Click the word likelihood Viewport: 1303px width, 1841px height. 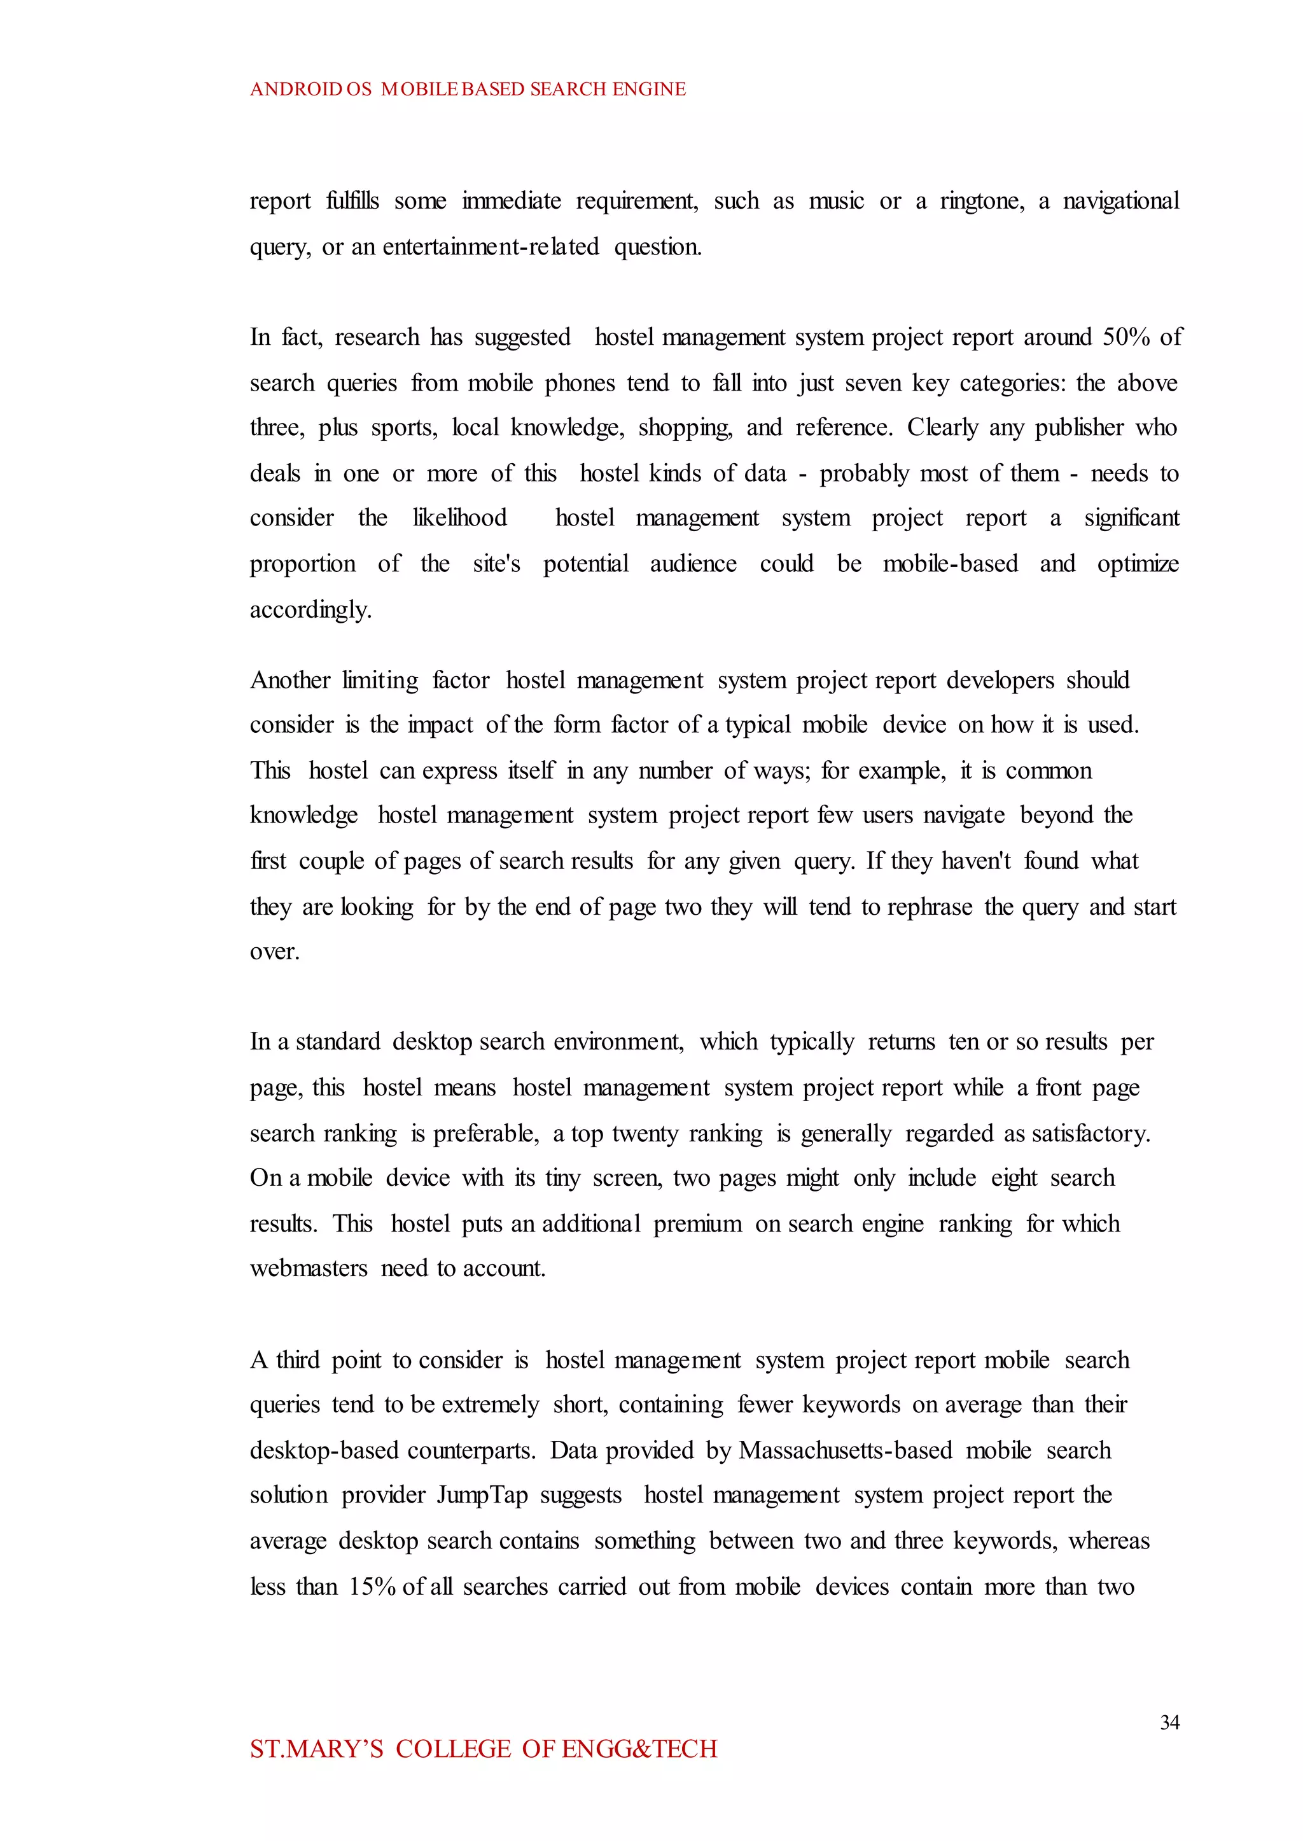coord(460,518)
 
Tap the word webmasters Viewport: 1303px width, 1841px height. coord(309,1268)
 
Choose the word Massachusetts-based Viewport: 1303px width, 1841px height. coord(845,1450)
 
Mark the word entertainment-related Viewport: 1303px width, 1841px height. coord(491,247)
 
